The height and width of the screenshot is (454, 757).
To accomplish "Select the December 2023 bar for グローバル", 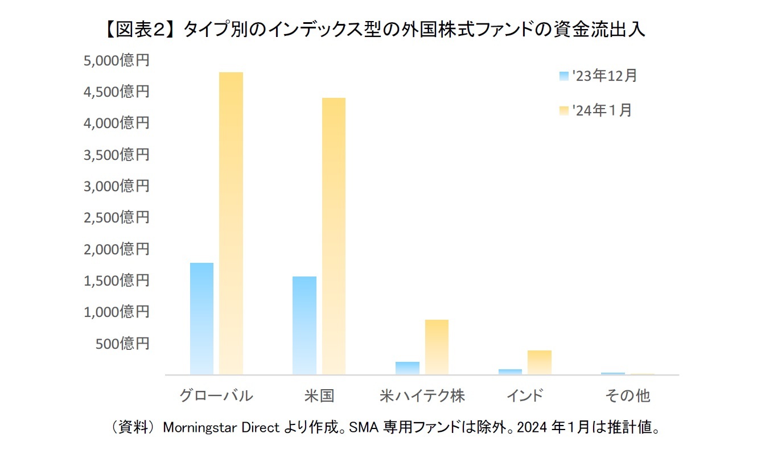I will point(201,319).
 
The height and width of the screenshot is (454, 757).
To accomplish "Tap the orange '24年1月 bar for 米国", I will point(334,236).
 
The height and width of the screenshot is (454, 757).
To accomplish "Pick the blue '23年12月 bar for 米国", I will point(304,325).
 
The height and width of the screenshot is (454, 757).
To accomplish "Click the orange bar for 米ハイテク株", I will point(437,347).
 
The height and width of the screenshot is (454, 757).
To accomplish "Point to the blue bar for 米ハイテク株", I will point(408,368).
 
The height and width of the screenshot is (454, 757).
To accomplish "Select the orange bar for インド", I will point(540,362).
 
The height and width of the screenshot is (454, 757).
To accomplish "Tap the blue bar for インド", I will point(511,372).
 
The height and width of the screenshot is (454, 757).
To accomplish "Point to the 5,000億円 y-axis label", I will point(116,60).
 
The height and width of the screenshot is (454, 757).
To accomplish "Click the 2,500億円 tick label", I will point(116,217).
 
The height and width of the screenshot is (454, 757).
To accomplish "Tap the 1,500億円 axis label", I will point(116,280).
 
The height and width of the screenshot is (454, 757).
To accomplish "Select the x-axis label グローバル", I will point(216,396).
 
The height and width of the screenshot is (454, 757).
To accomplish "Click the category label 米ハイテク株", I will point(422,396).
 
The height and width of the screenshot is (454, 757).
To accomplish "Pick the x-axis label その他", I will point(627,396).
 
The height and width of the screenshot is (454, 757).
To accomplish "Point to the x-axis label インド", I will point(525,396).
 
